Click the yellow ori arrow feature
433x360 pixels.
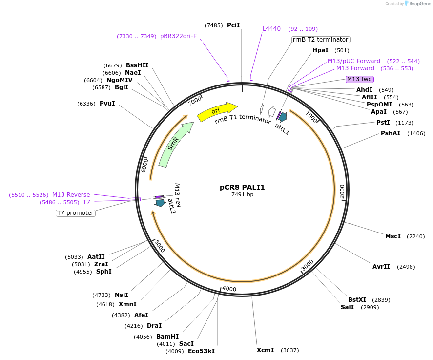[x=217, y=112]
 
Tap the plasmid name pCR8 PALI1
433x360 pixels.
[x=242, y=187]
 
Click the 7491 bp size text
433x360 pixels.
[x=242, y=194]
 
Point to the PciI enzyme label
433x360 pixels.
[x=233, y=25]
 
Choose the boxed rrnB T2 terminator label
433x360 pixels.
[x=321, y=40]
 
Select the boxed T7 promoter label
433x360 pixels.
[x=76, y=213]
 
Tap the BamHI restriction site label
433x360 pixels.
[x=167, y=337]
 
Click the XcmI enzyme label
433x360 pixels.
[x=266, y=350]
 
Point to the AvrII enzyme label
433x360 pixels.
[x=381, y=267]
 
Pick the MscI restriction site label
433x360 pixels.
[x=393, y=236]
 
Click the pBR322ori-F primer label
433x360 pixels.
[x=178, y=36]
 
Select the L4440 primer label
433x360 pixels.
[x=271, y=29]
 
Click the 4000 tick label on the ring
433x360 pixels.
[x=229, y=289]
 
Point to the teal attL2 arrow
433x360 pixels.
[x=160, y=202]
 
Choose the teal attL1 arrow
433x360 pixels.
[x=282, y=116]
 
